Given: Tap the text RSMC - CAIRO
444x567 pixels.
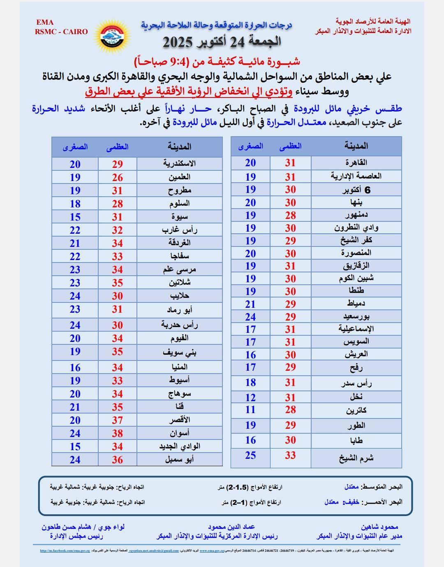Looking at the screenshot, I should click(x=61, y=32).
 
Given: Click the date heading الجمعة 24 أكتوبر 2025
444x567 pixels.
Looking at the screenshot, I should click(x=222, y=42).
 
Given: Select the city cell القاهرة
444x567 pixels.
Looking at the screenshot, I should click(x=356, y=163).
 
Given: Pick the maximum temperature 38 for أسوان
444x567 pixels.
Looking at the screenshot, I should click(x=118, y=433).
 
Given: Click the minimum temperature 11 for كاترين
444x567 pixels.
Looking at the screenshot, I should click(x=250, y=410).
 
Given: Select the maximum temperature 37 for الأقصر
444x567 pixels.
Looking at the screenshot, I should click(x=118, y=420).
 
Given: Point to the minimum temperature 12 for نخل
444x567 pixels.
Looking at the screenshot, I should click(x=250, y=397).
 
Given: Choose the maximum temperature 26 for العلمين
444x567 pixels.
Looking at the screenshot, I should click(x=118, y=178).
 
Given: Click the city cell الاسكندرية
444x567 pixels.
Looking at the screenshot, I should click(x=179, y=163).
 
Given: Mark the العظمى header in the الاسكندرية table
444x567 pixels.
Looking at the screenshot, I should click(x=118, y=147).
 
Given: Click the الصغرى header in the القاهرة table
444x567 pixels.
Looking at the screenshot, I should click(x=250, y=146).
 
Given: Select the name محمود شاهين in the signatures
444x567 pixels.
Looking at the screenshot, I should click(x=379, y=527).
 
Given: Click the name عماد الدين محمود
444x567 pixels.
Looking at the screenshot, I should click(x=231, y=527).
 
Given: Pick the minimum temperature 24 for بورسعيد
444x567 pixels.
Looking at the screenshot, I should click(x=250, y=317).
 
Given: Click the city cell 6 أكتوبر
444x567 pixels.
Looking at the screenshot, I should click(x=356, y=190).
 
